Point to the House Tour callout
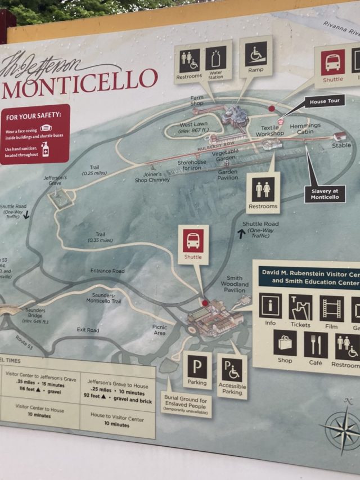[x=326, y=102]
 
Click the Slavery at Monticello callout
[x=325, y=194]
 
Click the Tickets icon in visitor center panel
[x=300, y=307]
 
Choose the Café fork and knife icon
[x=316, y=345]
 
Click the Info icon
[x=271, y=306]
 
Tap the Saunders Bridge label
[x=35, y=313]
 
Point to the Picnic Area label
[x=160, y=330]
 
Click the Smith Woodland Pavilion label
[x=235, y=284]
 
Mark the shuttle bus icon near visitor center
[x=193, y=241]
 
